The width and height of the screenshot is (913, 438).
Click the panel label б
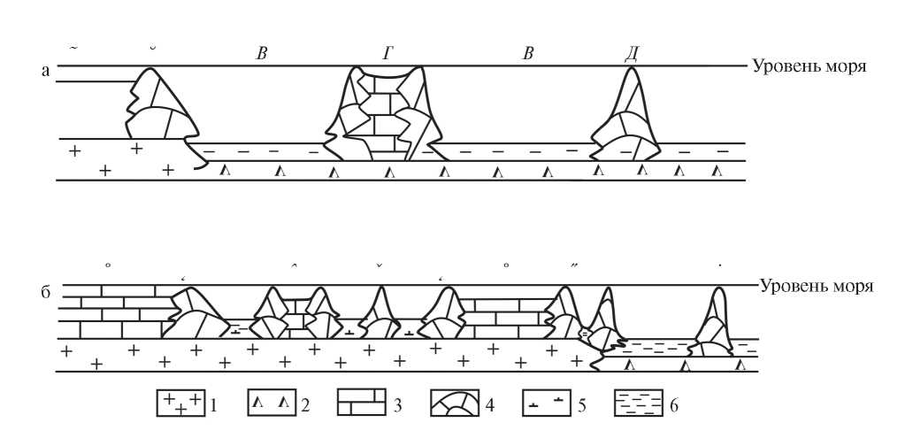pos(45,292)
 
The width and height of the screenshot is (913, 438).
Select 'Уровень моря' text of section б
pos(817,286)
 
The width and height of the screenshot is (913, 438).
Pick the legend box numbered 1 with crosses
pos(180,404)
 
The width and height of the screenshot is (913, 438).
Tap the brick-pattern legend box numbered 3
pos(363,404)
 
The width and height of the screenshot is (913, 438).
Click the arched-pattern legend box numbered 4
pos(455,404)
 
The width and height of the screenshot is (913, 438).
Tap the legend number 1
pos(215,405)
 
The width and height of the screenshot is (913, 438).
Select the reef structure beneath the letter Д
pos(627,119)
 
